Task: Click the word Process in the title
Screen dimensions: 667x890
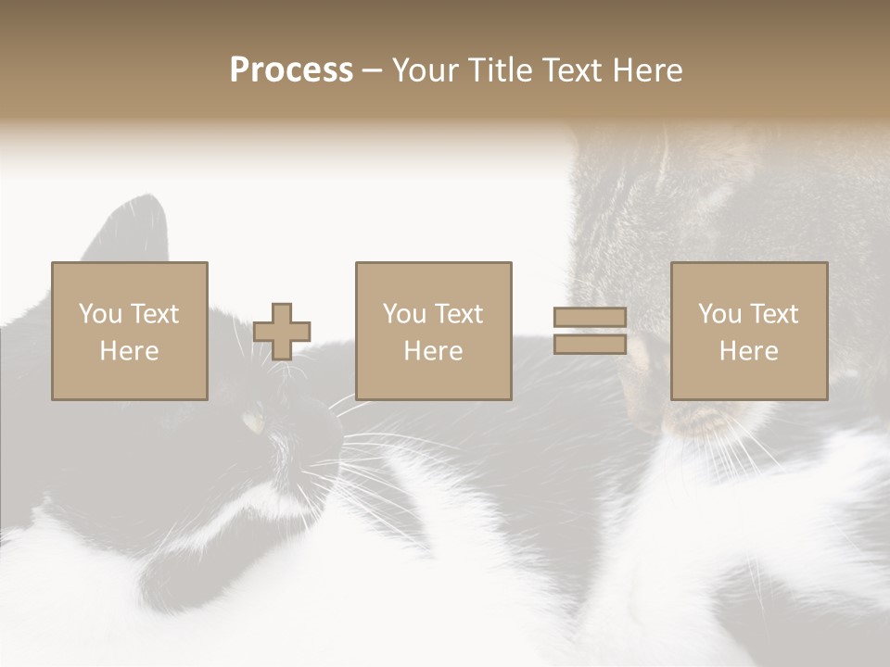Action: [291, 70]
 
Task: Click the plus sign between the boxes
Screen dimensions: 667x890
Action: [282, 332]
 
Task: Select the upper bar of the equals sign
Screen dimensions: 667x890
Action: [590, 318]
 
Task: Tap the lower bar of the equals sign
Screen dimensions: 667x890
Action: [590, 345]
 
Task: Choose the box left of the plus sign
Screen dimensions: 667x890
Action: [129, 331]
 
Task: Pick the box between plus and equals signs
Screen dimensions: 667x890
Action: [433, 331]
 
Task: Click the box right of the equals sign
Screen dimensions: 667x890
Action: [748, 331]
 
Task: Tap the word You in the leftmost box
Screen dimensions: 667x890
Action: [98, 314]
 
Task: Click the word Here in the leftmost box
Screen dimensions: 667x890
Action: [129, 351]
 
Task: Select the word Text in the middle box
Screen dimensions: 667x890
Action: [459, 314]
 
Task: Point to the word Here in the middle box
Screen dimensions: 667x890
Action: [433, 351]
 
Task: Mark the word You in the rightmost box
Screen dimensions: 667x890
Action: [718, 314]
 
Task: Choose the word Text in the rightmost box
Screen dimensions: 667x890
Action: [774, 314]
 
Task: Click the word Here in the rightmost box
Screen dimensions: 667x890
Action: [748, 351]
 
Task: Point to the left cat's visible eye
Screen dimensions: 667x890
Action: [253, 423]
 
